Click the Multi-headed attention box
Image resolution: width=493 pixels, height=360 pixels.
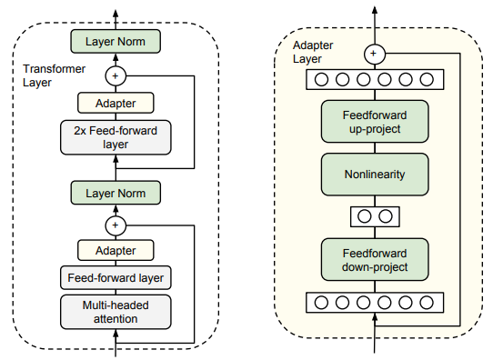(115, 311)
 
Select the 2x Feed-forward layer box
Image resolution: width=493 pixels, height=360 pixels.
(115, 137)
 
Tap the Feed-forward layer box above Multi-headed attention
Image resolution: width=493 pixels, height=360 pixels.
(115, 276)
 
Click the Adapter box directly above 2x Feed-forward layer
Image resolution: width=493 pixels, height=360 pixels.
(115, 104)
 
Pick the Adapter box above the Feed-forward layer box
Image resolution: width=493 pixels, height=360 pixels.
(115, 250)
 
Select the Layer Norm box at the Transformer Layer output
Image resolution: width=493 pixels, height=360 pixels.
(115, 42)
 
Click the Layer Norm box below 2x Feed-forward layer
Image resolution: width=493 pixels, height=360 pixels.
(115, 194)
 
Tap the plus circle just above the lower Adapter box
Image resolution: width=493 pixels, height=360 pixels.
(115, 225)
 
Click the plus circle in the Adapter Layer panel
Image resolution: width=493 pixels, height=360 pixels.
(372, 55)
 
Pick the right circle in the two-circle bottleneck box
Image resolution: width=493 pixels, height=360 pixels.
(384, 216)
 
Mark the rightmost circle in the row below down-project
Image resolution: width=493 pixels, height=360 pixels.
(427, 303)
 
